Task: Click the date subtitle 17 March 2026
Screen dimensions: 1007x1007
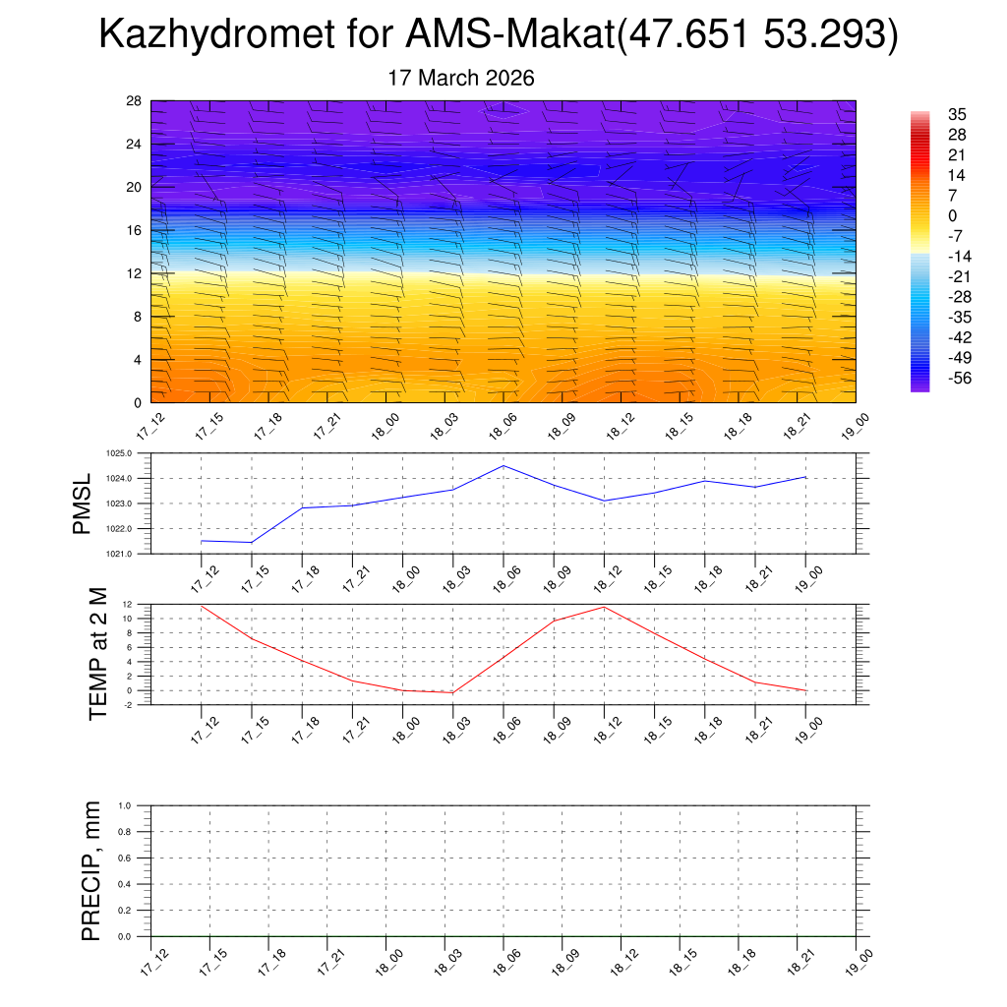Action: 461,78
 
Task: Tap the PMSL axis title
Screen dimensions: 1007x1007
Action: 82,503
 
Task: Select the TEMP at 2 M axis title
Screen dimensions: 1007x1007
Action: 97,653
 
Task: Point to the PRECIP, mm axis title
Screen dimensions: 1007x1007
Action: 91,870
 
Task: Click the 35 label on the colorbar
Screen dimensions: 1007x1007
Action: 957,114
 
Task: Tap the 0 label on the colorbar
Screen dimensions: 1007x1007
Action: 952,215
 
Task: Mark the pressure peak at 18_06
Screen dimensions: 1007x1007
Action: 503,465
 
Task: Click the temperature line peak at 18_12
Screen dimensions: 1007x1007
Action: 604,606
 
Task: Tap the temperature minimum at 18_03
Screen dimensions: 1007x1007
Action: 452,693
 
